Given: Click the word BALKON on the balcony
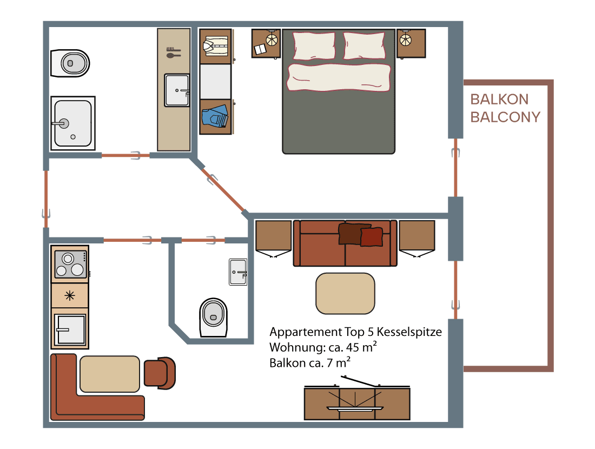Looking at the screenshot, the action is [499, 100].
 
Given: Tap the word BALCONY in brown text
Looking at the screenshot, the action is [505, 117].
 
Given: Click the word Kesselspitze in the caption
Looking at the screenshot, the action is [409, 332].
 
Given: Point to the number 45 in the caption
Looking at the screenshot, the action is [353, 347].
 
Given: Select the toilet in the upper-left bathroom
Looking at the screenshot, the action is [70, 63].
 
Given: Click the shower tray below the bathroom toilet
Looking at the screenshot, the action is [73, 123].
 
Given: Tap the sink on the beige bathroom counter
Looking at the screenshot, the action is [177, 90].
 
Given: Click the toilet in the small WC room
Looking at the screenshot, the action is [213, 318].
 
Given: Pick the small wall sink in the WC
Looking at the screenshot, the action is [238, 272].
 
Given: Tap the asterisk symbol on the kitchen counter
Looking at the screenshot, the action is [70, 295].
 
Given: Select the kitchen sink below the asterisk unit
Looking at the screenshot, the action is [70, 329].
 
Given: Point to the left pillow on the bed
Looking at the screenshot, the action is [314, 45].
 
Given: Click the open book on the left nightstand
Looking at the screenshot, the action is [260, 49].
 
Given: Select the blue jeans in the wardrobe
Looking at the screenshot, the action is [215, 116].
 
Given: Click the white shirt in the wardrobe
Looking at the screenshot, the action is [215, 45].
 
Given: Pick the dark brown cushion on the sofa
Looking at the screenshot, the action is [349, 233].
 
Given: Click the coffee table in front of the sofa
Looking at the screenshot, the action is [345, 293].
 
